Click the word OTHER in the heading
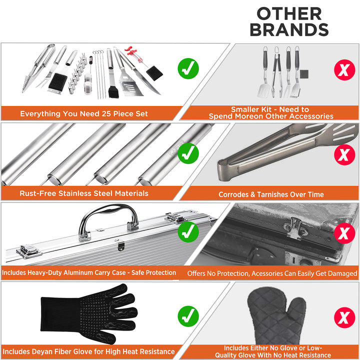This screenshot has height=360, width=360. (289, 14)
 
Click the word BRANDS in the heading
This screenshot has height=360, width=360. (289, 29)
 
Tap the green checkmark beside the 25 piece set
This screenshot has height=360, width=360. (188, 68)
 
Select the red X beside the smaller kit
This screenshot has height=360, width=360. (344, 70)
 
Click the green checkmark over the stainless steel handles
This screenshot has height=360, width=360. (188, 153)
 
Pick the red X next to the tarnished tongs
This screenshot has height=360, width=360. (344, 154)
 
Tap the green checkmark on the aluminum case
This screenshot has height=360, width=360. (188, 232)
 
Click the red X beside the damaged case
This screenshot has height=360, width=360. (344, 233)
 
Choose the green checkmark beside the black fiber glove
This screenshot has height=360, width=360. (188, 316)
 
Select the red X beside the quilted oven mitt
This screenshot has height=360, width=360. (344, 317)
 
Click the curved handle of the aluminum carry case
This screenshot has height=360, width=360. (108, 208)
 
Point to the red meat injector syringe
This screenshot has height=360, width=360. (136, 56)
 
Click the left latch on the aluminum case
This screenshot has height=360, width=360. (28, 251)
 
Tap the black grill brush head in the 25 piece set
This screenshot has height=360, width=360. (58, 81)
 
